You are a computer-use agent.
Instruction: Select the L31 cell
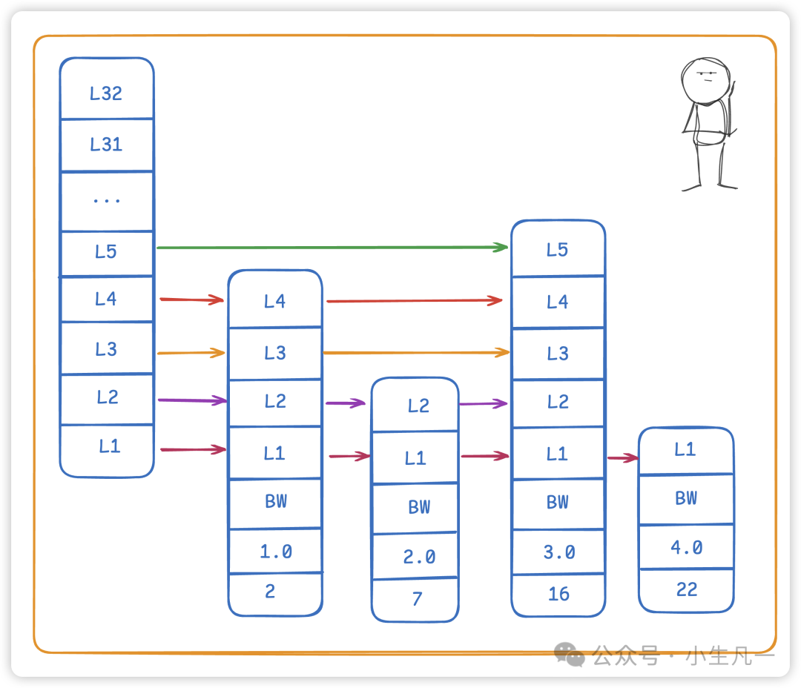(106, 145)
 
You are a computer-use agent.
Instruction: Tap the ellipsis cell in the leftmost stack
(106, 200)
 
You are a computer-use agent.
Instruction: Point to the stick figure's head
(705, 79)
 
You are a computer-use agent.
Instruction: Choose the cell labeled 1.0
(275, 551)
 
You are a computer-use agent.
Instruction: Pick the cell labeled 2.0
(415, 555)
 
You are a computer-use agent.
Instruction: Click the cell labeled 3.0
(558, 551)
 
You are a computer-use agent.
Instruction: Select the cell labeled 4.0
(686, 547)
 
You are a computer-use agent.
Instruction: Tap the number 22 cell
(686, 589)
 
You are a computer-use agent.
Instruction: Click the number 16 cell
(558, 593)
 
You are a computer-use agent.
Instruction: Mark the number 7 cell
(415, 598)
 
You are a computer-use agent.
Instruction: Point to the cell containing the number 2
(275, 592)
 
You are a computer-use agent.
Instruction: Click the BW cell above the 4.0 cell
(686, 498)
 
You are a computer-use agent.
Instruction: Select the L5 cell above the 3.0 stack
(558, 250)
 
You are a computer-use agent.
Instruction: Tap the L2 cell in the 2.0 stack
(415, 406)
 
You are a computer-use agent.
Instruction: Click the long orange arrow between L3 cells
(415, 352)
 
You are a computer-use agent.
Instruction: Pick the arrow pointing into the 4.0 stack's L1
(622, 458)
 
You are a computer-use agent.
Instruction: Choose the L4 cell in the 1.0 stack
(275, 300)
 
